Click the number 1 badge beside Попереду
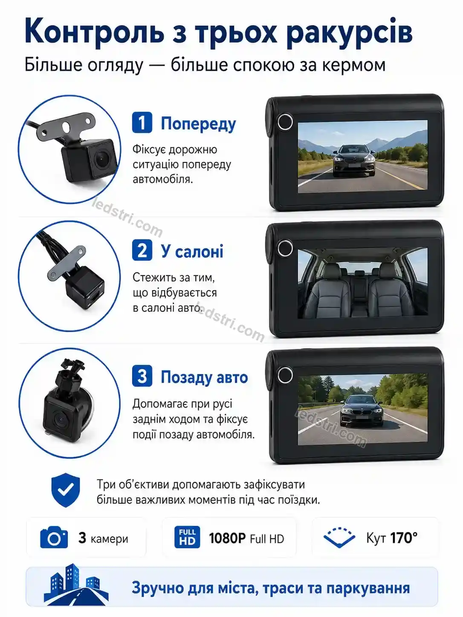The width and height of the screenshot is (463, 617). click(142, 122)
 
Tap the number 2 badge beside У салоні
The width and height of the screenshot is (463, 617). click(142, 250)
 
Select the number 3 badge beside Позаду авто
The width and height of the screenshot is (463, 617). click(142, 376)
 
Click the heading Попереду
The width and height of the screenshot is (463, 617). click(198, 124)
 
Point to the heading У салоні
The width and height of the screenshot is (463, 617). click(192, 251)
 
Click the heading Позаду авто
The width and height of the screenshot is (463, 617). click(204, 377)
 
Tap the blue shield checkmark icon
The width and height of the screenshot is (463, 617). click(66, 490)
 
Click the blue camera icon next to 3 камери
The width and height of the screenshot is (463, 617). click(54, 538)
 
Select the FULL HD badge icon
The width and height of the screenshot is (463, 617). click(187, 537)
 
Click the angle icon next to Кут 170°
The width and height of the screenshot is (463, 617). click(339, 537)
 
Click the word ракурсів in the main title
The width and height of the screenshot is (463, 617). click(350, 34)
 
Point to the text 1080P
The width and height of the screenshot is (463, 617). click(227, 538)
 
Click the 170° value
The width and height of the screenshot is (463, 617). click(404, 538)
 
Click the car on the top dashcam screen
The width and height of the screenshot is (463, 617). click(354, 161)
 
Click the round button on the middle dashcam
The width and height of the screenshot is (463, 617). click(285, 248)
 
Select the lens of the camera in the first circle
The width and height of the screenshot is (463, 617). click(100, 159)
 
